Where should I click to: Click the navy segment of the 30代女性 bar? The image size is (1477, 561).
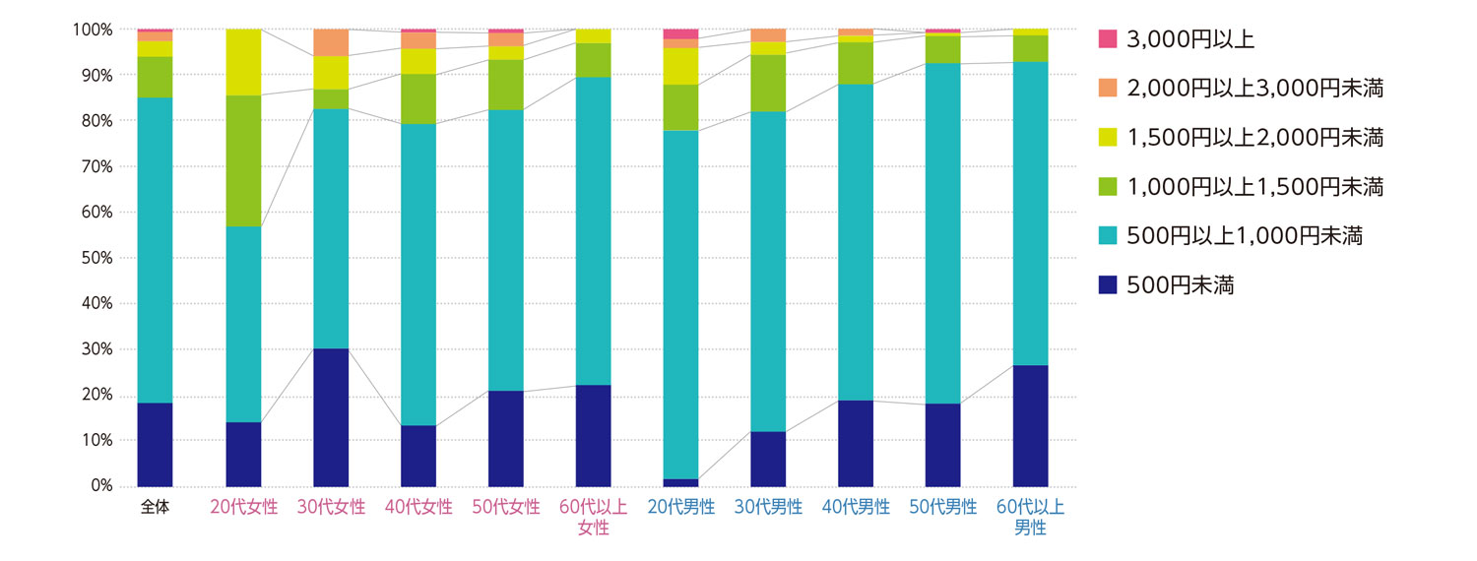coord(331,417)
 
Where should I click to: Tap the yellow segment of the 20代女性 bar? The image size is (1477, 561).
coord(243,62)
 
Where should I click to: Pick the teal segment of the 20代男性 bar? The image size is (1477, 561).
coord(680,305)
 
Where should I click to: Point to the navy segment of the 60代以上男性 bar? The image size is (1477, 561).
coord(1031,425)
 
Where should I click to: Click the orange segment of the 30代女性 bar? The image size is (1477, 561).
coord(331,42)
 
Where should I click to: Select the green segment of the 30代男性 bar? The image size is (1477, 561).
coord(768,83)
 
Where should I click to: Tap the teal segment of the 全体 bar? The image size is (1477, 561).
coord(155,250)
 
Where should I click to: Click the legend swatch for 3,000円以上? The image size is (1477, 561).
coord(1108,39)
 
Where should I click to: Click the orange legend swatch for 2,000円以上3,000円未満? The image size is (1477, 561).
coord(1108,89)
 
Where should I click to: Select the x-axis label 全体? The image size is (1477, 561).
coord(155,508)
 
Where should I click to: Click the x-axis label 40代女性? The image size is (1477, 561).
coord(418,508)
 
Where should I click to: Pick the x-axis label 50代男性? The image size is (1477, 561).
coord(943,508)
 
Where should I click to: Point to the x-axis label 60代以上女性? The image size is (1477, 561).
coord(593,518)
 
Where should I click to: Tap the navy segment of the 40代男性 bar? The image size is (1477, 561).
coord(856,443)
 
